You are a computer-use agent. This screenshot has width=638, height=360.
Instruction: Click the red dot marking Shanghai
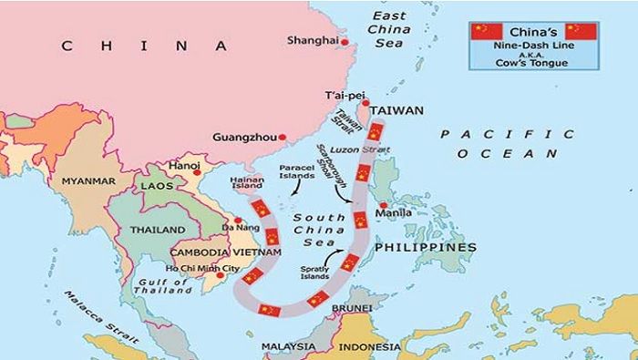[345, 40]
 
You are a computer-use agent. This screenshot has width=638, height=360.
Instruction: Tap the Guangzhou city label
[243, 138]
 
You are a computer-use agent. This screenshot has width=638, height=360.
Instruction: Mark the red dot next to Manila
[385, 205]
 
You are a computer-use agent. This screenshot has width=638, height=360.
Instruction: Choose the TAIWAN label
[396, 110]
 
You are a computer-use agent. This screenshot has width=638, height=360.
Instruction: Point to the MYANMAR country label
[87, 181]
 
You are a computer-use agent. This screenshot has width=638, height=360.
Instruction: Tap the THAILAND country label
[157, 231]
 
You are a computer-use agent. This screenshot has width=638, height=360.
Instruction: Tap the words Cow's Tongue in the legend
[532, 62]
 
